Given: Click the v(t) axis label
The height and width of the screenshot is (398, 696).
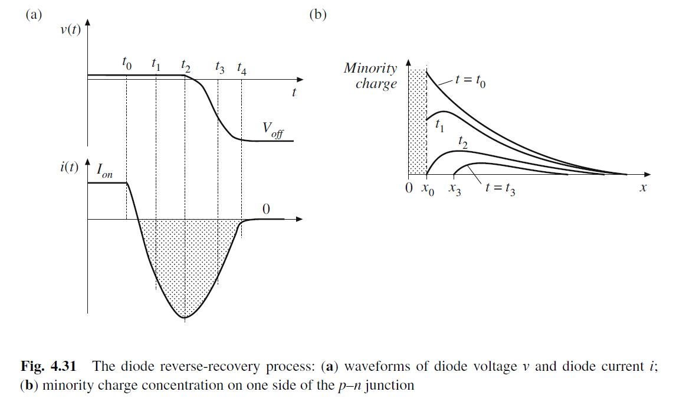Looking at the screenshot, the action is coord(70,31).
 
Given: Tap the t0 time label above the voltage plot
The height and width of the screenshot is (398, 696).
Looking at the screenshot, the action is coord(127,63).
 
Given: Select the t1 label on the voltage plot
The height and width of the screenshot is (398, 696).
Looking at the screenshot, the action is coord(156,63).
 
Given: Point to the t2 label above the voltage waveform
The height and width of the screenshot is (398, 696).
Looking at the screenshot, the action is coord(186,64).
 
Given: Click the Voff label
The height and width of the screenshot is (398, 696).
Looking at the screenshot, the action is coord(273,129).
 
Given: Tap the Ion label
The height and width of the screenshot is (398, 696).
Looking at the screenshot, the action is coord(104,171).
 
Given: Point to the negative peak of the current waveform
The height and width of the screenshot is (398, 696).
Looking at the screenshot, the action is coord(185,317).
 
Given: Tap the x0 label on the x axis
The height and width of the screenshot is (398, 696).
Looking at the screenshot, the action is coord(428,190).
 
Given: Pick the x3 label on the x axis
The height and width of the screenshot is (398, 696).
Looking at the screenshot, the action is coord(455,190).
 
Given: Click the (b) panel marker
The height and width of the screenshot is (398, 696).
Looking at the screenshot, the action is coord(318,15).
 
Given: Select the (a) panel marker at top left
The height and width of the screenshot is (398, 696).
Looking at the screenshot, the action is coord(34,15).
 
